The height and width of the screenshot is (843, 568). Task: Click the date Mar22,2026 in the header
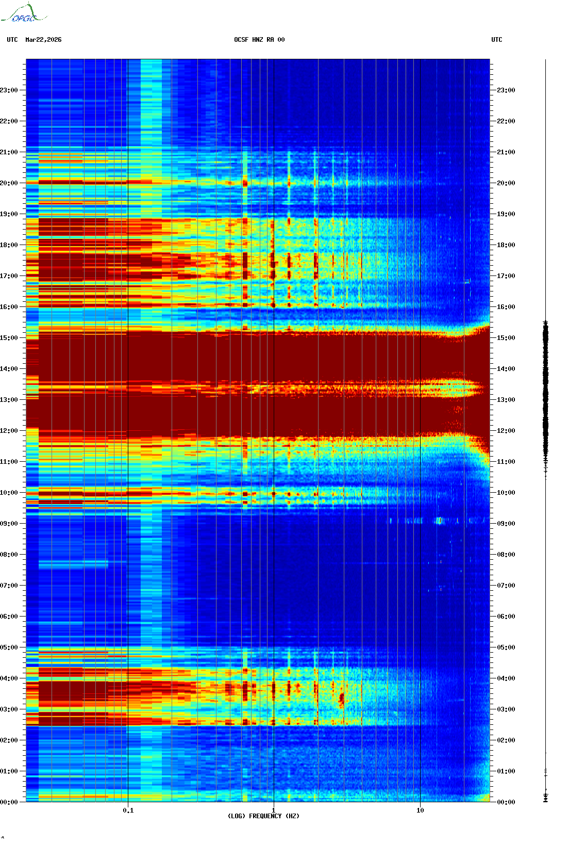pyautogui.click(x=43, y=40)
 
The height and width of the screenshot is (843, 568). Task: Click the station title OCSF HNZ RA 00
pyautogui.click(x=259, y=40)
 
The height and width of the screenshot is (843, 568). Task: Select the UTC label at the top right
pyautogui.click(x=496, y=40)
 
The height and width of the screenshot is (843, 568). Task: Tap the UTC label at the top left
pyautogui.click(x=12, y=40)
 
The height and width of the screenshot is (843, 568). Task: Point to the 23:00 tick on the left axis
pyautogui.click(x=9, y=90)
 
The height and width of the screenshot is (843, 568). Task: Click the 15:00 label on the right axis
pyautogui.click(x=506, y=338)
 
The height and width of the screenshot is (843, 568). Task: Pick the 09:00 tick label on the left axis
pyautogui.click(x=9, y=524)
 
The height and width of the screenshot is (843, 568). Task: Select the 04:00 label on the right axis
pyautogui.click(x=506, y=678)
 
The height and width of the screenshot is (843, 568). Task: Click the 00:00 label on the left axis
pyautogui.click(x=9, y=802)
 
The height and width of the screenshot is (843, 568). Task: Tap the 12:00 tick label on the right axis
pyautogui.click(x=506, y=431)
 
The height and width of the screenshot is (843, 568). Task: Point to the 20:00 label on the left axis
pyautogui.click(x=9, y=183)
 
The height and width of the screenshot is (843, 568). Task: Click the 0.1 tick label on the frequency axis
pyautogui.click(x=128, y=810)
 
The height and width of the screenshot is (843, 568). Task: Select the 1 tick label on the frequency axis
pyautogui.click(x=273, y=810)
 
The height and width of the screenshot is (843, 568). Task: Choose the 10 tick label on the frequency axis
pyautogui.click(x=420, y=810)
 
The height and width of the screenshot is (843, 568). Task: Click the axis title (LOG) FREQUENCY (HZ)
pyautogui.click(x=263, y=816)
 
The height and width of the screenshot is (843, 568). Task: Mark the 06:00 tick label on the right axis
pyautogui.click(x=506, y=617)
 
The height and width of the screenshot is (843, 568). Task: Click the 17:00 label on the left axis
pyautogui.click(x=9, y=276)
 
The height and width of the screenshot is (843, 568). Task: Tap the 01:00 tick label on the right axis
pyautogui.click(x=506, y=771)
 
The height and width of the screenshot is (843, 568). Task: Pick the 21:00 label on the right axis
pyautogui.click(x=506, y=152)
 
